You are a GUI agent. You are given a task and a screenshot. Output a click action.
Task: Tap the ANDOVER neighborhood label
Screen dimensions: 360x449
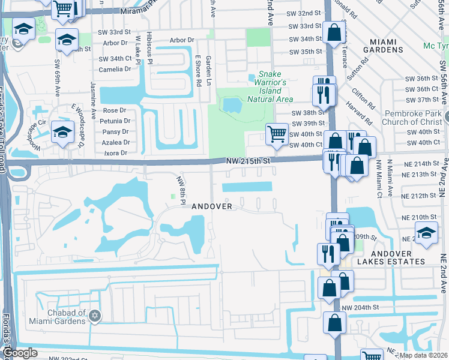point(211,206)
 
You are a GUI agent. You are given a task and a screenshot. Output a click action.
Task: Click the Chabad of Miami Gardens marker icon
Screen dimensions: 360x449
point(94,316)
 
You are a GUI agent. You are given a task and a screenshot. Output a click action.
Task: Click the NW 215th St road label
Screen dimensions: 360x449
point(249,161)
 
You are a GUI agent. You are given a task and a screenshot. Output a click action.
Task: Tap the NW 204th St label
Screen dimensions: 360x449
point(361,307)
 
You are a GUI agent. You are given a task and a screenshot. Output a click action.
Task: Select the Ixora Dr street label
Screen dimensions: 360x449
point(116,153)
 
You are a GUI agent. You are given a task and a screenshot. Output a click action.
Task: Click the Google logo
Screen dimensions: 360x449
point(20,353)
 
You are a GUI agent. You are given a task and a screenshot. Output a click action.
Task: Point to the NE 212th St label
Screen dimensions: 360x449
point(418,196)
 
